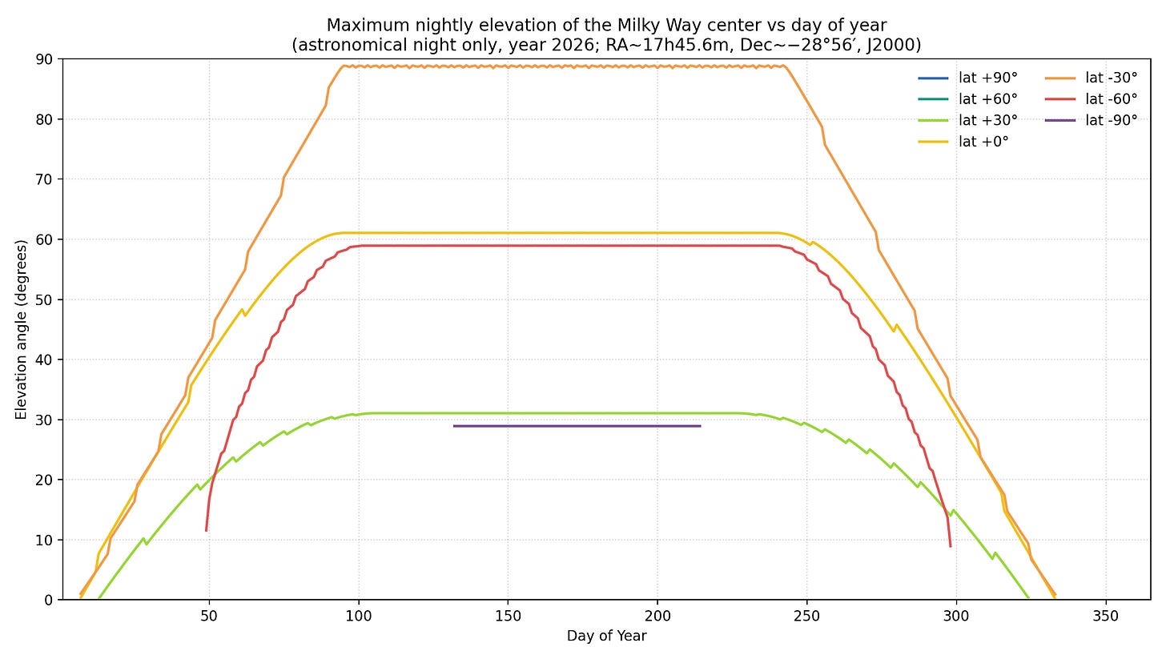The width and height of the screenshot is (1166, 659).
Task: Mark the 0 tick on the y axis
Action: pyautogui.click(x=50, y=600)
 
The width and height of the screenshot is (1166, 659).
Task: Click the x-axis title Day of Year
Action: pyautogui.click(x=606, y=637)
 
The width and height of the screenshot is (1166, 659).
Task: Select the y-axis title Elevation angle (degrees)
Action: pyautogui.click(x=21, y=329)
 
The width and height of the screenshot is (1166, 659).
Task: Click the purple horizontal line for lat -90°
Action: pyautogui.click(x=577, y=426)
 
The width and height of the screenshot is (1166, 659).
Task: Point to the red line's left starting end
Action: pyautogui.click(x=206, y=530)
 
